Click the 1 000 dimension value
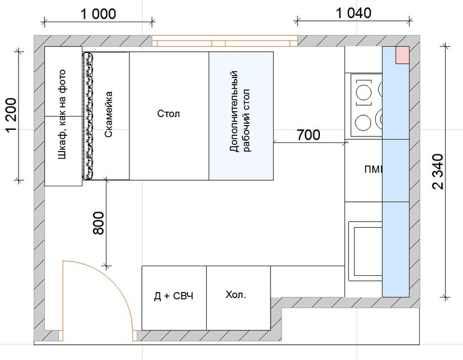pos(99,14)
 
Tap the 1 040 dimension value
pos(354,13)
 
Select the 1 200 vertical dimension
pos(11,115)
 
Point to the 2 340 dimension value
pos(438,171)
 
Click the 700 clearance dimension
pos(308,135)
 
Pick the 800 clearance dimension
pos(99,223)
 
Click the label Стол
pos(168,114)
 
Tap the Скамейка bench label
pos(109,114)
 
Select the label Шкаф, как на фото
pos(62,115)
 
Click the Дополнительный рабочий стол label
pos(240,111)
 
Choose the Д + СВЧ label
pos(174,296)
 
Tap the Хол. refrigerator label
pos(236,294)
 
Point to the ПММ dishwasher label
pos(374,169)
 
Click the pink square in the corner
pos(402,55)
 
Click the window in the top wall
pos(225,41)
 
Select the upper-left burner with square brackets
pos(364,93)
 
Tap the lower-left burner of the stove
pos(363,122)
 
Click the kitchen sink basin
pos(368,251)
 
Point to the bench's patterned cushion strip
pos(88,115)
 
